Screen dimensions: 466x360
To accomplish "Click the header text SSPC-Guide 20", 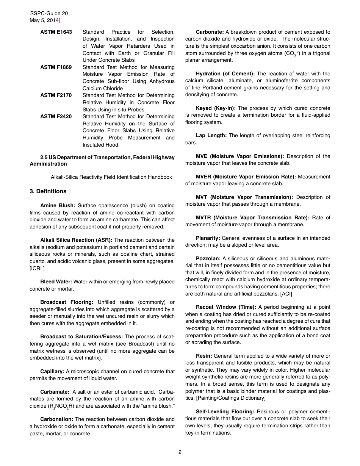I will pos(49,14).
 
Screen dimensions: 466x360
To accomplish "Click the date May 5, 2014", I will pos(44,20).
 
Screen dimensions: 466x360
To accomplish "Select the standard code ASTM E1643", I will pos(56,32).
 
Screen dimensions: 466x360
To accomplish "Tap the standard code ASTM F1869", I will pos(56,67).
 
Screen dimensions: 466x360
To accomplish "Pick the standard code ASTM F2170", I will pos(56,95).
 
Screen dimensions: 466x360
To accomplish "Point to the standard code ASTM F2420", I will pos(56,116).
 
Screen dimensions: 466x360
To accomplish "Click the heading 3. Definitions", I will pos(48,191).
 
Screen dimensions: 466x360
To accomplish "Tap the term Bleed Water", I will pos(56,281).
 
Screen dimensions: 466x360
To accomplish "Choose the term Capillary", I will pos(52,371).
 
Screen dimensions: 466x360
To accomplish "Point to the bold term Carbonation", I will pos(57,419).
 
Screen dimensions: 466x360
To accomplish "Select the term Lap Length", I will pos(211,135).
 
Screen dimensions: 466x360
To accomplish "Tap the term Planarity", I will pos(208,238).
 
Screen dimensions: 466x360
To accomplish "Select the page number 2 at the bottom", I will pos(180,452).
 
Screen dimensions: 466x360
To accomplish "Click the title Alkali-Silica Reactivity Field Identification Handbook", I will pos(111,177).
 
